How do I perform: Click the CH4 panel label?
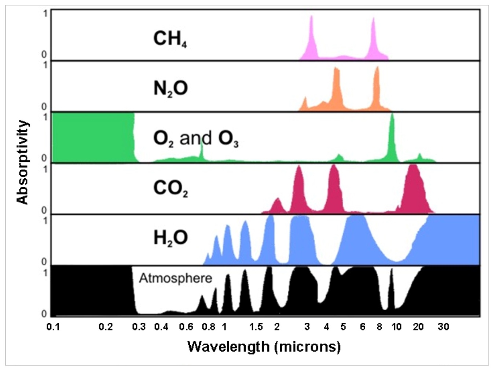pyautogui.click(x=170, y=39)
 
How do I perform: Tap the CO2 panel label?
pyautogui.click(x=170, y=188)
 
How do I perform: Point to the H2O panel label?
pyautogui.click(x=170, y=238)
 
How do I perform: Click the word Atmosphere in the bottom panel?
pyautogui.click(x=175, y=278)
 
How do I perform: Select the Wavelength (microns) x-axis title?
pyautogui.click(x=264, y=346)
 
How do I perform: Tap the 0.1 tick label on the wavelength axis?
pyautogui.click(x=53, y=327)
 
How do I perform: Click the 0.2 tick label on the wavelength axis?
pyautogui.click(x=106, y=327)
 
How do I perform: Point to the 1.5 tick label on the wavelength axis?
pyautogui.click(x=256, y=327)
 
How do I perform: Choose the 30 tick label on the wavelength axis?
pyautogui.click(x=443, y=327)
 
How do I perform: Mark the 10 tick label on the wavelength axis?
pyautogui.click(x=396, y=327)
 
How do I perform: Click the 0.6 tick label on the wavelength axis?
pyautogui.click(x=186, y=327)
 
